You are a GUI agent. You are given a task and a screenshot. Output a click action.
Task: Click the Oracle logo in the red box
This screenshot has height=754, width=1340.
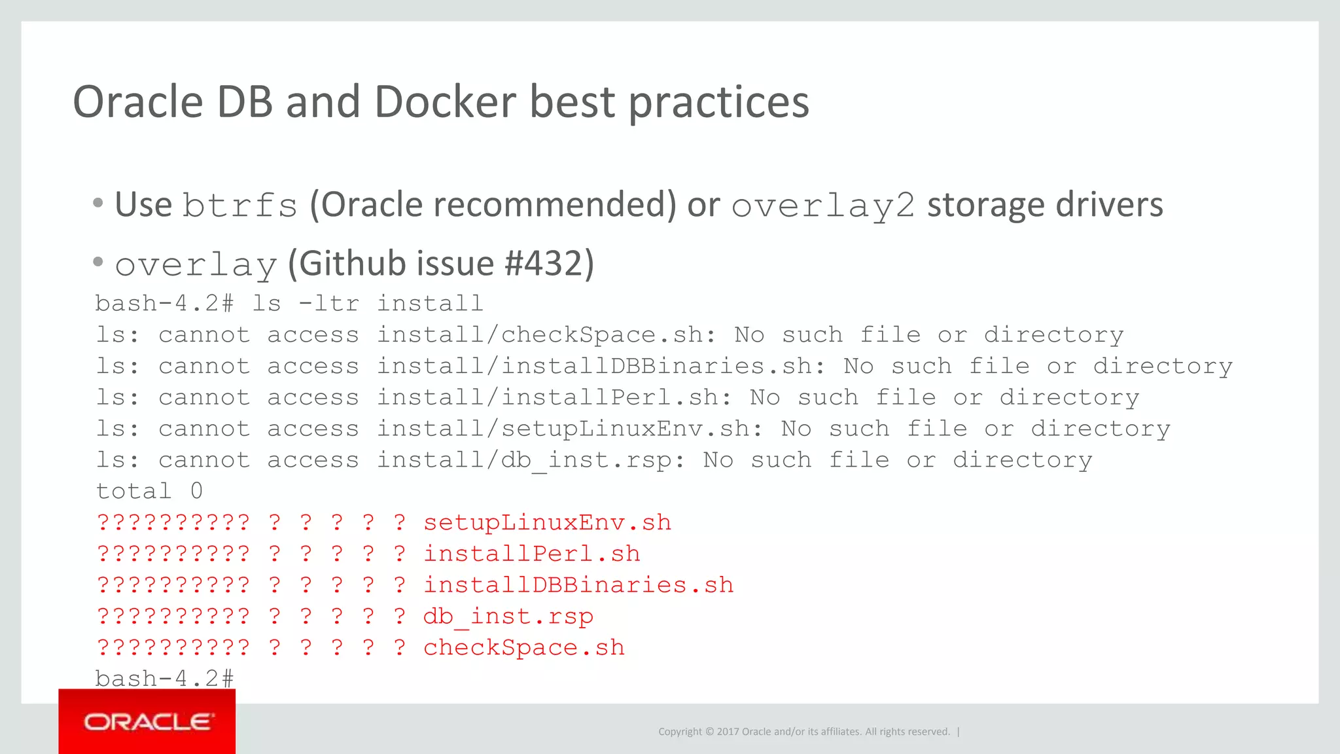coord(148,722)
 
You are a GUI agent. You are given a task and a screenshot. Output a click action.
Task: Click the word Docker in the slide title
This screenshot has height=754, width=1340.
coord(445,102)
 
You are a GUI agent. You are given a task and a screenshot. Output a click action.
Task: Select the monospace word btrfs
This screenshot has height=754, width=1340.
coord(239,206)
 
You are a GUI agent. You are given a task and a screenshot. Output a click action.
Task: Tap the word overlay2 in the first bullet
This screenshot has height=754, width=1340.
coord(823,206)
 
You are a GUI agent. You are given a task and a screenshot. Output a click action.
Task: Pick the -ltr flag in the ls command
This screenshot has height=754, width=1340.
coord(329,304)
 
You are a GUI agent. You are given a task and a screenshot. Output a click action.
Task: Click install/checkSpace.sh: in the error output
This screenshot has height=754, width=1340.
coord(547,335)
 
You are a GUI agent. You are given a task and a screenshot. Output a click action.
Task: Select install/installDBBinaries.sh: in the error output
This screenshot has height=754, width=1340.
coord(601,367)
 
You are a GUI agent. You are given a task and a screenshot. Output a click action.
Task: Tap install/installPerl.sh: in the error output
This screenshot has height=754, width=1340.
coord(555,398)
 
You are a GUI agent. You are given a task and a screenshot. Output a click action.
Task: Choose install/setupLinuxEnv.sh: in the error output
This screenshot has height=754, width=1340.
coord(570,429)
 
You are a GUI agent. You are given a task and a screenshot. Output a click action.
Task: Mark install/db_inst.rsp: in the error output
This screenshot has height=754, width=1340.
coord(531,461)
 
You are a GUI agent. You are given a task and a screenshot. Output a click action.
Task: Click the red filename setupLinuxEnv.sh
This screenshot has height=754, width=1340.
coord(547,523)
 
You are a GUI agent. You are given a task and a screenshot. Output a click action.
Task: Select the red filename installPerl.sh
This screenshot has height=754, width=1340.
coord(531,554)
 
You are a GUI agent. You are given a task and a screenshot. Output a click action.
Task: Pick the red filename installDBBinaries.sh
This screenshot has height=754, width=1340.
coord(578,586)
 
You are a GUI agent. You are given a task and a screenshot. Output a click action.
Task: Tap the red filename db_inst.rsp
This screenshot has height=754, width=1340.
coord(508,617)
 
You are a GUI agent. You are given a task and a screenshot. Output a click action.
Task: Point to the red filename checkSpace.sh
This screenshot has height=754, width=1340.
coord(524,648)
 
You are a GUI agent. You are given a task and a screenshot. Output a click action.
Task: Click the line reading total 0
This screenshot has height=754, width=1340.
coord(149,492)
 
